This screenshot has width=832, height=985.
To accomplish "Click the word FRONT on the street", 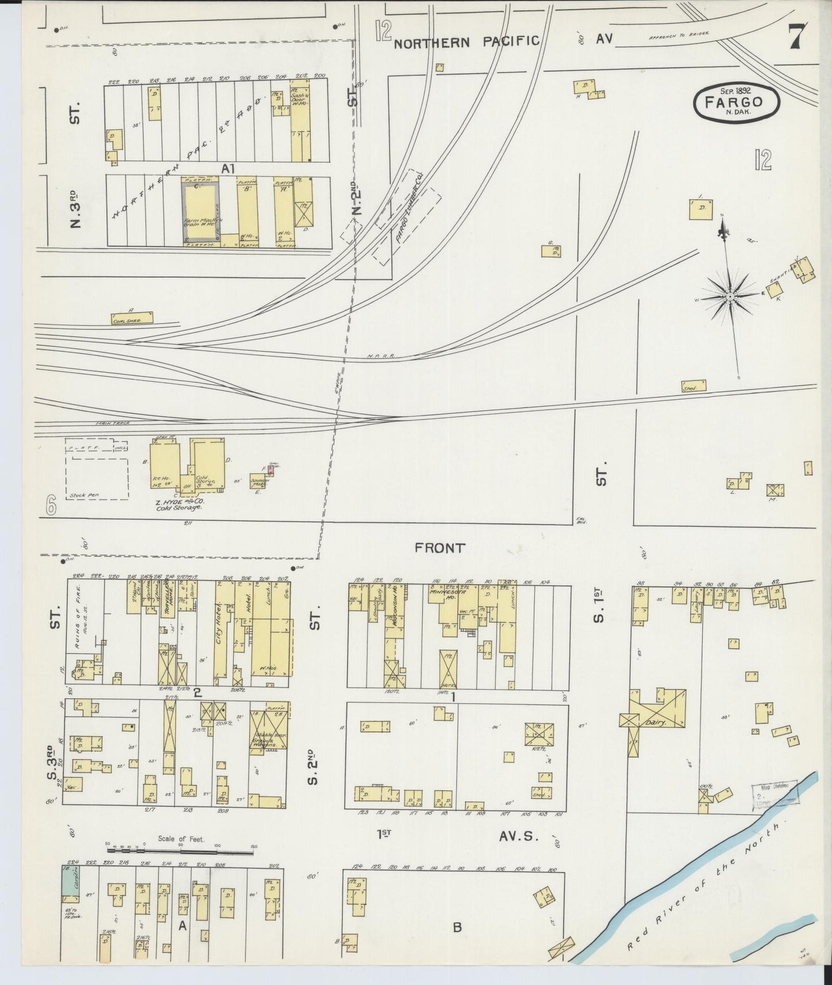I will tap(439, 548).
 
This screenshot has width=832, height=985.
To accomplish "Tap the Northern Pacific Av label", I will tap(466, 41).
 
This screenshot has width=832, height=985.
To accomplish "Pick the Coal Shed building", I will tap(132, 317).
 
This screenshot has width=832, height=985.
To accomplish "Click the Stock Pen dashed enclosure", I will tap(97, 479).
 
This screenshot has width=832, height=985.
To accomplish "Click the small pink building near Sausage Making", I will tap(270, 470).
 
